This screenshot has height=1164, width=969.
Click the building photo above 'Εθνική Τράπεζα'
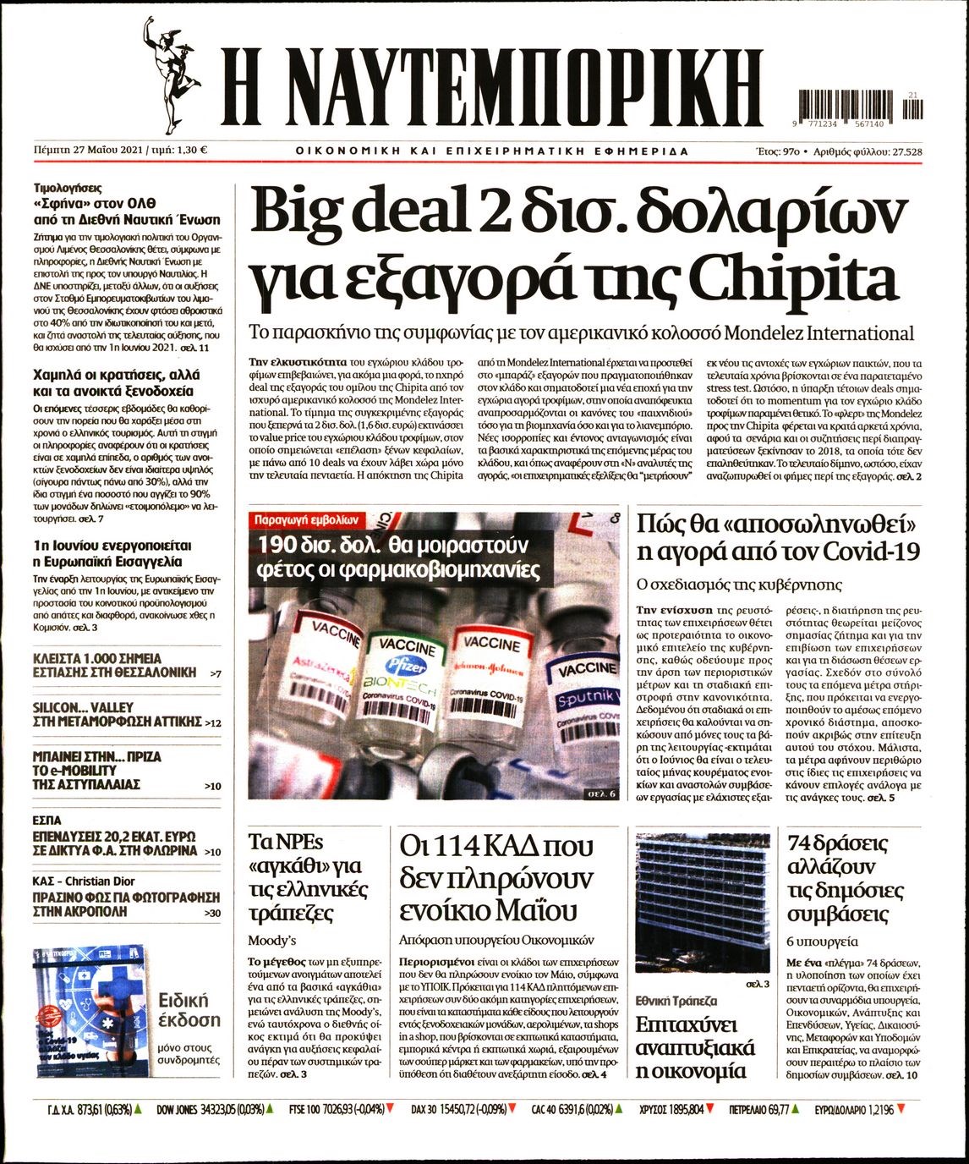point(702,901)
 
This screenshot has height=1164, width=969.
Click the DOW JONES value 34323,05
point(228,1108)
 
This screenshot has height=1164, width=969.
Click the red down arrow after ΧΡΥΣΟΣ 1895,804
point(709,1108)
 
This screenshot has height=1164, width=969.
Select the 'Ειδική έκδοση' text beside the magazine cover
point(190,1010)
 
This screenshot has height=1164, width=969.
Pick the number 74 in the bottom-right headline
point(803,844)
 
